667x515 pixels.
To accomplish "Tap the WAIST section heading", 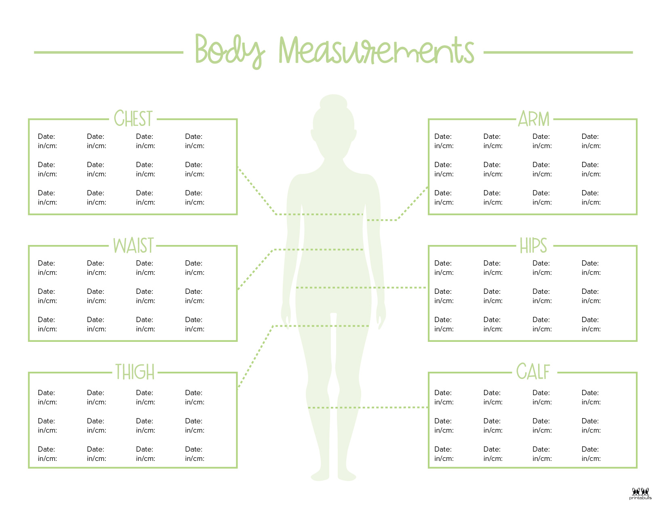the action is [133, 245].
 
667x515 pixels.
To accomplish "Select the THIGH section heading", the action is [135, 372].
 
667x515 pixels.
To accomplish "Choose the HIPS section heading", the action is [533, 245].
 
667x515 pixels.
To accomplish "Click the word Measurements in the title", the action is [376, 50].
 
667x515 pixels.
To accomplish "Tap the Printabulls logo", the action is [640, 494].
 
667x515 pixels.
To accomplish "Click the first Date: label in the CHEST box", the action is [46, 136].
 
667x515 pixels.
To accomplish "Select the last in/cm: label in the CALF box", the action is [591, 458].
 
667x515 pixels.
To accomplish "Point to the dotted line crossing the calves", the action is [368, 407].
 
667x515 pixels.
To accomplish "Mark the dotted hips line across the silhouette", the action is [361, 287].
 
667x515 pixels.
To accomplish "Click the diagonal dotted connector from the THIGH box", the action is [255, 357].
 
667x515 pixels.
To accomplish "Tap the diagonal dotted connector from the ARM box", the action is [412, 203].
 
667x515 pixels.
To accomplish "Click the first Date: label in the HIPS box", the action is [443, 263].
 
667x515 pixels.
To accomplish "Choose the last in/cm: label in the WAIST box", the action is [195, 329].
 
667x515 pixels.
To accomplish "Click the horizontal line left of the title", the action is [109, 52].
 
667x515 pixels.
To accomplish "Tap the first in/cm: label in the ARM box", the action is [444, 146].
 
